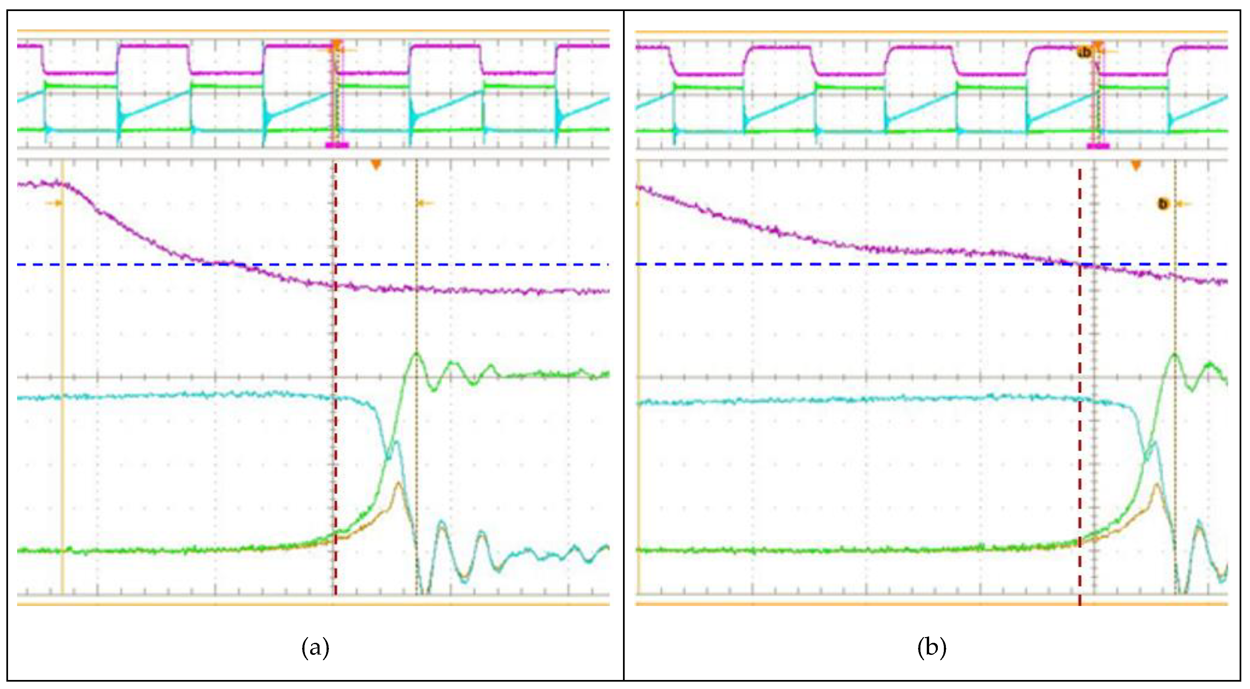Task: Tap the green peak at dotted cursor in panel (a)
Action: point(416,354)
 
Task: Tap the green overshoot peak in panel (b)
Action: point(1175,355)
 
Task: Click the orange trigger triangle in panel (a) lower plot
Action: point(376,165)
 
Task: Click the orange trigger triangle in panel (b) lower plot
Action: point(1136,166)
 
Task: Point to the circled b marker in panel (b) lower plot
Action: point(1163,204)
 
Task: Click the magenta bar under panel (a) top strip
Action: point(337,145)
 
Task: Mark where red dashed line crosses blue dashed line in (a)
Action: point(335,265)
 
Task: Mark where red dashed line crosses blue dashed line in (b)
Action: point(1080,264)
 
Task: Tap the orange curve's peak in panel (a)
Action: point(398,483)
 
